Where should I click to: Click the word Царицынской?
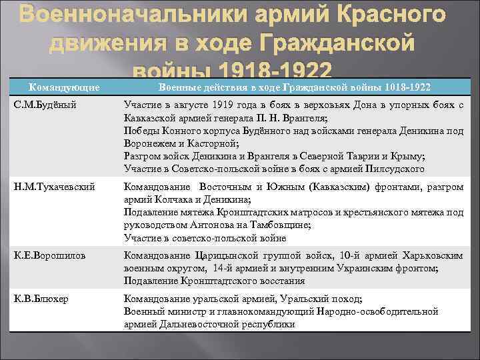click(x=225, y=255)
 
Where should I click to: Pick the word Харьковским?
click(x=429, y=255)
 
